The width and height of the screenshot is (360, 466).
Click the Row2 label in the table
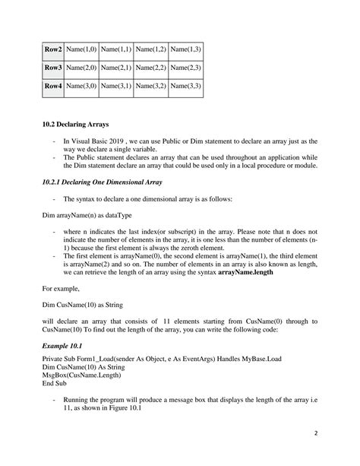52,49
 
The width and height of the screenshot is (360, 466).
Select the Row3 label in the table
52,68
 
